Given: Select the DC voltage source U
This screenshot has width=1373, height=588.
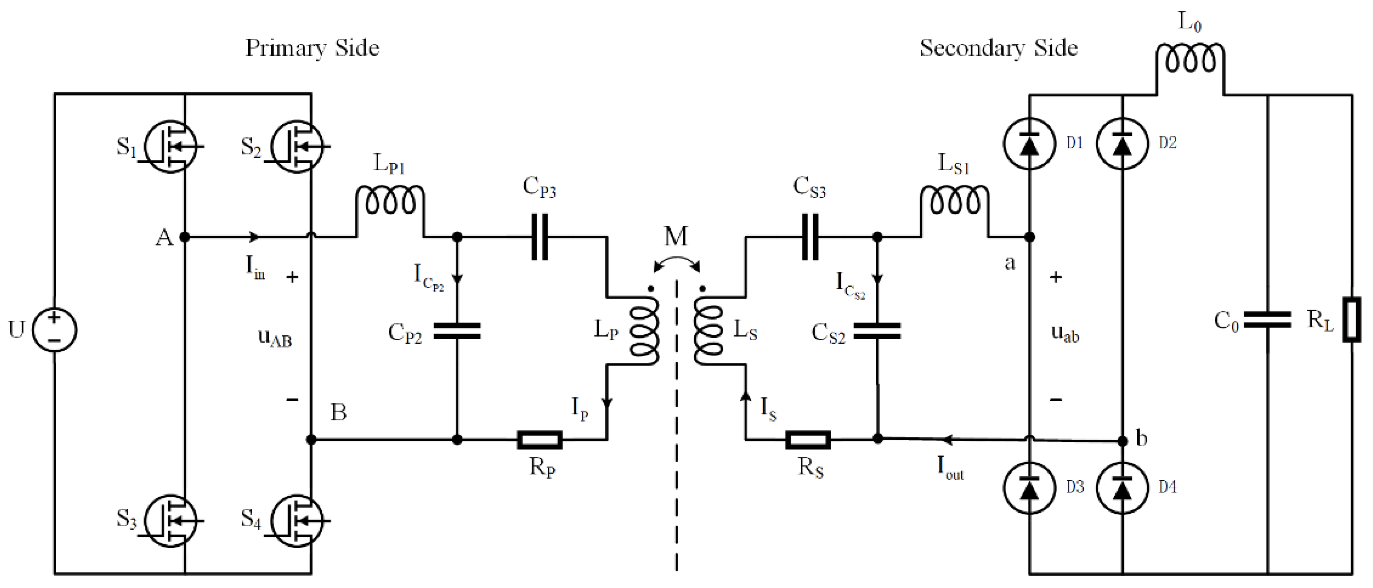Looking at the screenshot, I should (55, 330).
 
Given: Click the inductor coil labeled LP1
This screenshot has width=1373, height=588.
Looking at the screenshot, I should (390, 201).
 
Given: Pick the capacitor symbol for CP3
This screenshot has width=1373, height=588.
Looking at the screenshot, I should (540, 237).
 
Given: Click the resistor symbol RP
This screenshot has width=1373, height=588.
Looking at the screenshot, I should (539, 440).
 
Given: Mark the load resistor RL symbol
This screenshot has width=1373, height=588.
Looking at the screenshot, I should (1352, 319).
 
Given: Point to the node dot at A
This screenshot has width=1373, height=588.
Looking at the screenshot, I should (184, 237).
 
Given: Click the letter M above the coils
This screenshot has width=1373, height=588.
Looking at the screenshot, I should (676, 236).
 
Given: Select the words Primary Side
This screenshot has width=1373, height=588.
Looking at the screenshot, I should (312, 48).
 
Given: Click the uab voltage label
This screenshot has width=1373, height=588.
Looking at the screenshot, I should (1065, 334).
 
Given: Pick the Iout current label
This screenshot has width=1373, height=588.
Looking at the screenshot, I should (950, 468).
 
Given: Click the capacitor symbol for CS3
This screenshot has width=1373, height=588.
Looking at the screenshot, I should (810, 237).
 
